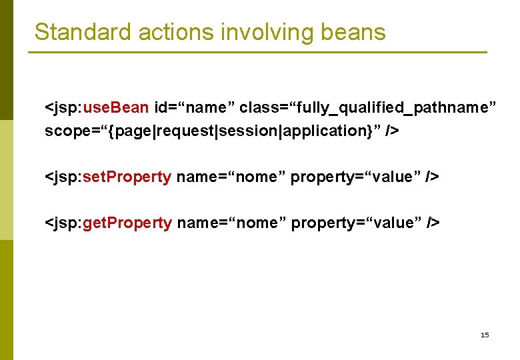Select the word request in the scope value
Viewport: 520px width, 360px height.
pyautogui.click(x=183, y=131)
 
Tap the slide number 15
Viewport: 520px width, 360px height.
pyautogui.click(x=485, y=335)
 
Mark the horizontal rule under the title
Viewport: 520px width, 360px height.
pyautogui.click(x=257, y=53)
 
